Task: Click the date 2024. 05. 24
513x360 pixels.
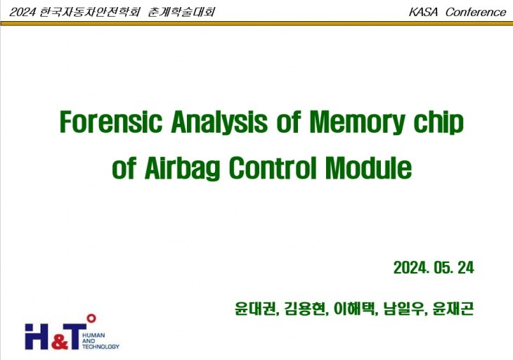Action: pos(434,268)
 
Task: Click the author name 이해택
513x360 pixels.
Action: pos(355,309)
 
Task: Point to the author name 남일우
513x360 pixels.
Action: pos(404,309)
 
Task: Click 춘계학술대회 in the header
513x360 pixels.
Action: pos(182,12)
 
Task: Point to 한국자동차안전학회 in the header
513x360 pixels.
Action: pos(91,12)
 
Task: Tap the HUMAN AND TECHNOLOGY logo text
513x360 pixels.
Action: pos(100,341)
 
